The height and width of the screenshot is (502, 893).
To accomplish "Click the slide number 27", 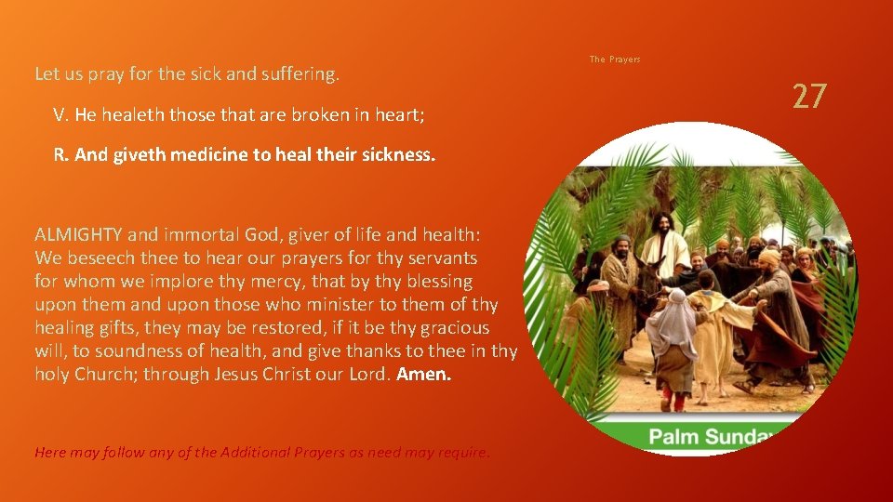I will click(x=808, y=96).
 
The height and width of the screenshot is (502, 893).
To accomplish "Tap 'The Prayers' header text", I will click(x=615, y=59).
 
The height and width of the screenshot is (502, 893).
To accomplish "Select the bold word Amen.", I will click(x=424, y=375).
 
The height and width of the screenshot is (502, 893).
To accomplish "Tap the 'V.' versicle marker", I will click(x=60, y=115).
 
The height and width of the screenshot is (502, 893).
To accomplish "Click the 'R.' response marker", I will click(x=60, y=155).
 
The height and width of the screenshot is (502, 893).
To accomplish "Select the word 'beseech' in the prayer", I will click(x=97, y=258).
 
